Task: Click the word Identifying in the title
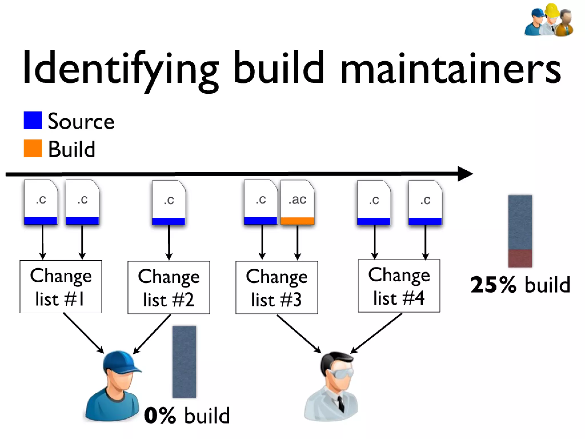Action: point(120,69)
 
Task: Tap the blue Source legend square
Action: point(33,120)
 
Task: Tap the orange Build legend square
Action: point(33,148)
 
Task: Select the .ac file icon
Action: point(297,202)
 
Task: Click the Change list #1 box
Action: point(61,286)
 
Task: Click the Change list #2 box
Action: point(169,287)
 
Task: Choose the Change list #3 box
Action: point(277,287)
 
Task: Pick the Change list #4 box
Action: point(399,286)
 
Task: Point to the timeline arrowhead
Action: point(464,173)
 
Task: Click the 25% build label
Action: point(520,285)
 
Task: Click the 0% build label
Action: point(187,415)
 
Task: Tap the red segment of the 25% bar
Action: point(520,258)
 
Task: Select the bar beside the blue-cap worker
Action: point(184,362)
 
